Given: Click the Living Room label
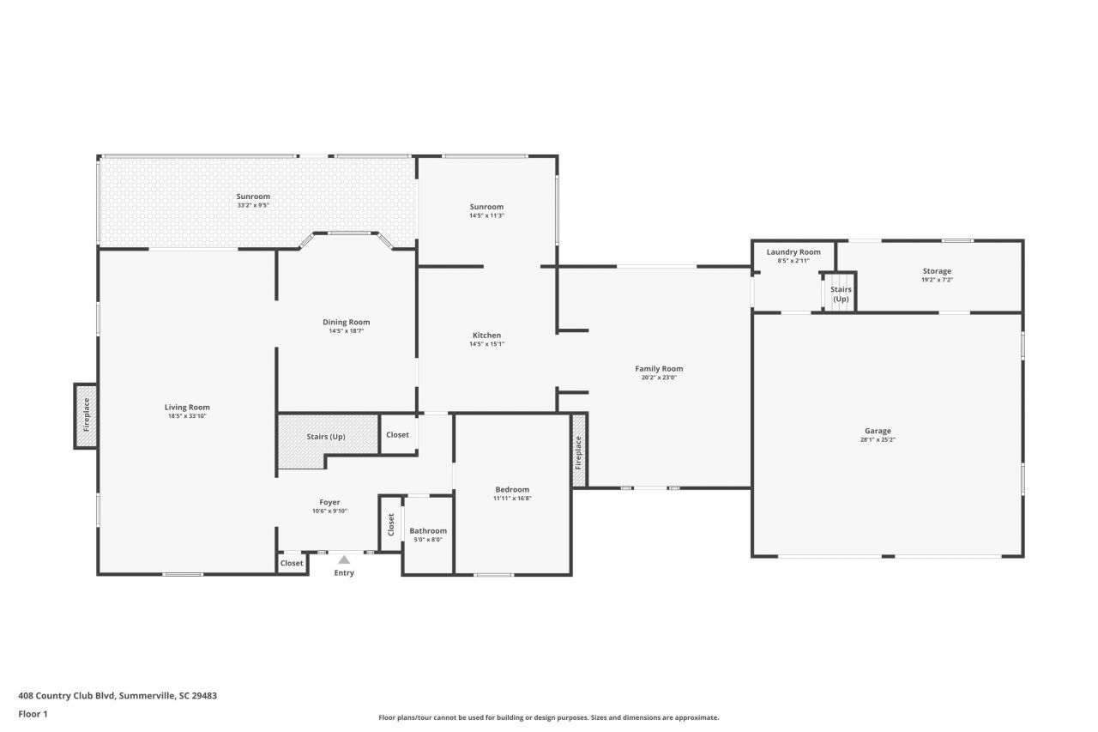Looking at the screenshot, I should pyautogui.click(x=187, y=408).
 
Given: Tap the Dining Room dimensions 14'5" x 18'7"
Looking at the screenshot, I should pyautogui.click(x=347, y=331).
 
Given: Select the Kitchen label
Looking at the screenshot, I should pyautogui.click(x=486, y=336).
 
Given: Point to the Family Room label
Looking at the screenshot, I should pyautogui.click(x=659, y=369).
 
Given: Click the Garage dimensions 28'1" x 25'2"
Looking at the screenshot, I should pyautogui.click(x=878, y=439).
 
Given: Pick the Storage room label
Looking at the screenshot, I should pyautogui.click(x=937, y=271).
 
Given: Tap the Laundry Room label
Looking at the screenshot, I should pyautogui.click(x=793, y=252).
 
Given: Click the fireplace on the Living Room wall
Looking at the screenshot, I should pyautogui.click(x=86, y=415).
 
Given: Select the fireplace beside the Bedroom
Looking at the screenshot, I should pyautogui.click(x=579, y=451).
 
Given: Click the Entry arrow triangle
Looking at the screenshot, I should pyautogui.click(x=344, y=560).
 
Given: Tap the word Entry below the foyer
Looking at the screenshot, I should pyautogui.click(x=344, y=573).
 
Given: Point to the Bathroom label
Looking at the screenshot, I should pyautogui.click(x=428, y=531).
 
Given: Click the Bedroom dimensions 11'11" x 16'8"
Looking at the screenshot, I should pyautogui.click(x=512, y=499).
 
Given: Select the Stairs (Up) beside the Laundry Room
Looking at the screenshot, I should pyautogui.click(x=841, y=293).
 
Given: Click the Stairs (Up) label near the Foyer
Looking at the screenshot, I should pyautogui.click(x=326, y=437).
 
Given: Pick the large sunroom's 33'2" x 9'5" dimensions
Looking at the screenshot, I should pyautogui.click(x=253, y=206).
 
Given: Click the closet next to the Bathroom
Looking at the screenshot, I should pyautogui.click(x=391, y=523).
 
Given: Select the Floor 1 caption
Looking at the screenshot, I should pyautogui.click(x=33, y=714).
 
